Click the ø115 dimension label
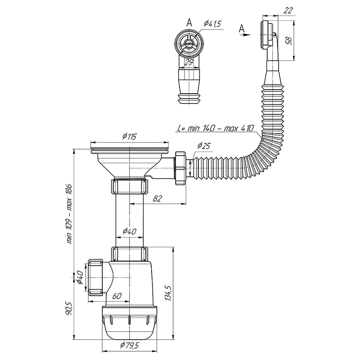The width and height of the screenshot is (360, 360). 129,137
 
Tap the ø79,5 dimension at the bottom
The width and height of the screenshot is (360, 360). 129,345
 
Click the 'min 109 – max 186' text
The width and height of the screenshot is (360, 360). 69,213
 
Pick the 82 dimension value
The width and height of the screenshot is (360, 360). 157,198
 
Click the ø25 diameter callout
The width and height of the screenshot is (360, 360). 204,145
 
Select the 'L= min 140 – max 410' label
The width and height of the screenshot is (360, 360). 216,128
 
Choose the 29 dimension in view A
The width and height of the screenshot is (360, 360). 189,62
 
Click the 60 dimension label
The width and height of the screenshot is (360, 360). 117,296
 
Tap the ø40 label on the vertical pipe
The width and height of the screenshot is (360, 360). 129,231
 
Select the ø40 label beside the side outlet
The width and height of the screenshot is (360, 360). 79,277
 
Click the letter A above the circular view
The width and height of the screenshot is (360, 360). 189,22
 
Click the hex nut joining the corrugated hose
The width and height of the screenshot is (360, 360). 180,168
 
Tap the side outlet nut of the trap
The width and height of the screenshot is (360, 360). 95,277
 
